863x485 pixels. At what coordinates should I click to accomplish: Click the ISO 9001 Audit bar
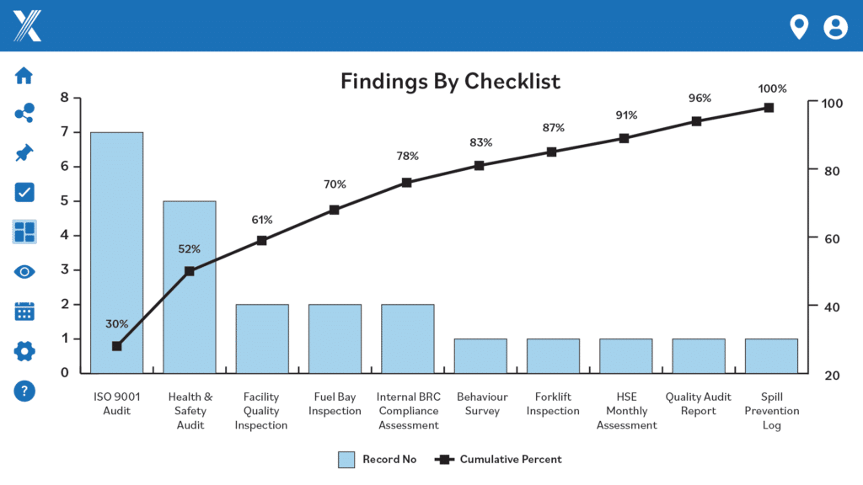click(x=116, y=253)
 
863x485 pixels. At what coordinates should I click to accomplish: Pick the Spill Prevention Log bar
click(x=771, y=356)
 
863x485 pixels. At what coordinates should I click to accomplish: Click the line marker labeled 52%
click(x=190, y=271)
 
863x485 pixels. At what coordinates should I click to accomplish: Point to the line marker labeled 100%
click(x=769, y=108)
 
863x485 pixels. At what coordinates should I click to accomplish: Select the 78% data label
click(x=408, y=156)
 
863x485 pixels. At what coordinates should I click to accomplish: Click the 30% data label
click(x=117, y=323)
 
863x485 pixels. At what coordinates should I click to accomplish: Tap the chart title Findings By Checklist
click(x=450, y=82)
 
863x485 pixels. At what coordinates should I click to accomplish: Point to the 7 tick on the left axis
click(x=64, y=132)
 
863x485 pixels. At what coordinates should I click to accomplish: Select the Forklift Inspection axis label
click(x=553, y=403)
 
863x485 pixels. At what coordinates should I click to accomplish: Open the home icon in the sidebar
click(x=24, y=75)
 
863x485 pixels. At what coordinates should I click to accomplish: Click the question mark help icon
click(x=24, y=391)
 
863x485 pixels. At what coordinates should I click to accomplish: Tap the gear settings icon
click(x=24, y=351)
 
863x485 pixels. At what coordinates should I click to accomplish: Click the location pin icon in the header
click(x=798, y=27)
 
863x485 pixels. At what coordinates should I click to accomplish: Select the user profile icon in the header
click(x=835, y=27)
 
